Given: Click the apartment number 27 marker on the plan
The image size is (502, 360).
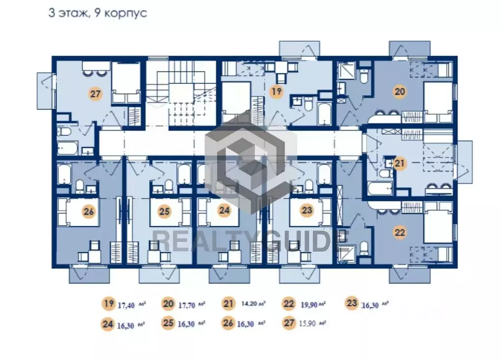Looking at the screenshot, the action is (x=95, y=94).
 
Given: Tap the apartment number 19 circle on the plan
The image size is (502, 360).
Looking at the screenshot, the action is (x=276, y=92).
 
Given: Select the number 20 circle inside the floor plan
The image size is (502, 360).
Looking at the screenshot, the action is (x=399, y=92).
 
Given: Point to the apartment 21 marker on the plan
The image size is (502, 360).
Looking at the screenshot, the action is (x=399, y=163).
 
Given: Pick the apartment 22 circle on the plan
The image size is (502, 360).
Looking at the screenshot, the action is (x=399, y=232).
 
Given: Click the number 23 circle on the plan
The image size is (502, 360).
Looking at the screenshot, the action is (x=307, y=210).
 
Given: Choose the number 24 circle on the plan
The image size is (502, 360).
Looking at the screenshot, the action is (x=224, y=210).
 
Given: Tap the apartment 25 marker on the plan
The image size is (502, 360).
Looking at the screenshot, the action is (x=164, y=211).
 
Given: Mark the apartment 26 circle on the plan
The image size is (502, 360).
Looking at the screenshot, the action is (x=89, y=211).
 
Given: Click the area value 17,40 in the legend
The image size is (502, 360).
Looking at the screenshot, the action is (x=126, y=305).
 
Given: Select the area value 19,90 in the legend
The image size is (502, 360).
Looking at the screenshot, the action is (x=309, y=305).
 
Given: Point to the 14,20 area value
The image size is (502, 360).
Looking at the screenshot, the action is (x=249, y=304).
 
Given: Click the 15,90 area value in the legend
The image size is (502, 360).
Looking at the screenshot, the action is (x=307, y=324).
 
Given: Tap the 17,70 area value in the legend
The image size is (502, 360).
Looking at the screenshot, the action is (x=186, y=305).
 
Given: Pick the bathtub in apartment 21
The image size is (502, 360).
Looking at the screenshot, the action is (x=380, y=188).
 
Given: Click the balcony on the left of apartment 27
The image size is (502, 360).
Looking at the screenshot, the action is (x=45, y=91).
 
